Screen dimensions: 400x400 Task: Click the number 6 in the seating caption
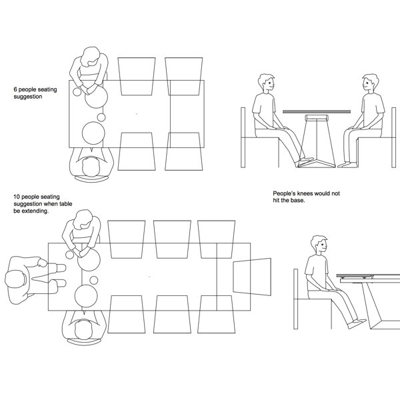[x=15, y=89]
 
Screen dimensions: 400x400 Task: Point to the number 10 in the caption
[x=17, y=197]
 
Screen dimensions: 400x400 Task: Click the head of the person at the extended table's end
[x=15, y=279]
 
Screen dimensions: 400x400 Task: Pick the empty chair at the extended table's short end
[x=252, y=277]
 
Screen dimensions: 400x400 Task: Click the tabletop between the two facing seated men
[x=317, y=111]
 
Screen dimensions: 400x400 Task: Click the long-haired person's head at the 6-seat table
[x=89, y=57]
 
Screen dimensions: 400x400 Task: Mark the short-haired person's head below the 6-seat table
[x=91, y=167]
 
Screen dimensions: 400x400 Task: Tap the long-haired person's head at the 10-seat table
[x=83, y=219]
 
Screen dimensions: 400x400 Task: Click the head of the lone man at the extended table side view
[x=319, y=245]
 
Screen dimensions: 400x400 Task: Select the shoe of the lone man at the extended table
[x=357, y=323]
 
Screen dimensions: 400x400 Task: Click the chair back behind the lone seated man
[x=295, y=299]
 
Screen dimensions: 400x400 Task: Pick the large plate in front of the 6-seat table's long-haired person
[x=96, y=97]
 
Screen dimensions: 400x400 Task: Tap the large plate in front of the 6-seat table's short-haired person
[x=93, y=133]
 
